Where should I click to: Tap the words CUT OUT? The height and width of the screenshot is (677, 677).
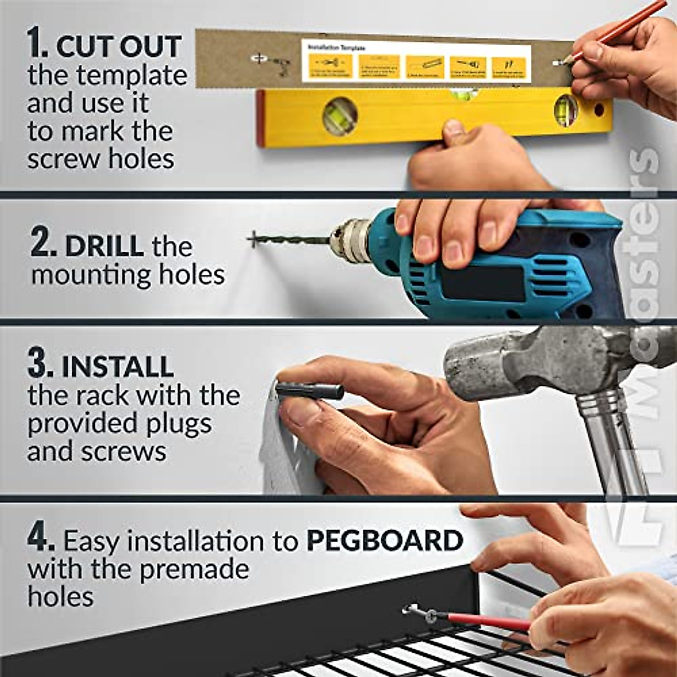click(118, 46)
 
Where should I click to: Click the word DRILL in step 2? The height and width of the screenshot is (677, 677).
click(104, 246)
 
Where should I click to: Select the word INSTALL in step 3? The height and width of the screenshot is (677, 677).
click(117, 367)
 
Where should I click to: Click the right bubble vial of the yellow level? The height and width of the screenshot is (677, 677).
click(565, 111)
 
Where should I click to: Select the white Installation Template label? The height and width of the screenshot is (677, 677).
click(416, 61)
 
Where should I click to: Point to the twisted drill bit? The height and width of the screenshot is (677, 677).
click(293, 240)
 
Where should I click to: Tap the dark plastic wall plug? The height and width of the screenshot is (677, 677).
click(310, 390)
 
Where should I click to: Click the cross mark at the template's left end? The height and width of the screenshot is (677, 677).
click(257, 58)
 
